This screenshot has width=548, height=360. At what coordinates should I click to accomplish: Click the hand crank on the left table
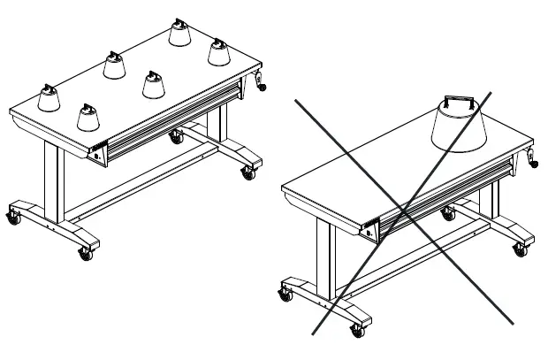[261, 81]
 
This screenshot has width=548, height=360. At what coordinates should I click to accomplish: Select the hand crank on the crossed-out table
[534, 158]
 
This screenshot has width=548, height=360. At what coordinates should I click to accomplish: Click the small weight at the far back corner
[179, 34]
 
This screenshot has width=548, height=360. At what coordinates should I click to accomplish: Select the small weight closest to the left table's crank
[218, 50]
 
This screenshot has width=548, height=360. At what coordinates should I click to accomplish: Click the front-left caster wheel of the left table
[14, 216]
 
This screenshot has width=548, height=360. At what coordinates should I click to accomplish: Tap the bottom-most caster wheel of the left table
[86, 254]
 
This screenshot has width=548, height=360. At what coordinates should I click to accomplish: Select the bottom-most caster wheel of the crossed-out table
[357, 332]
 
